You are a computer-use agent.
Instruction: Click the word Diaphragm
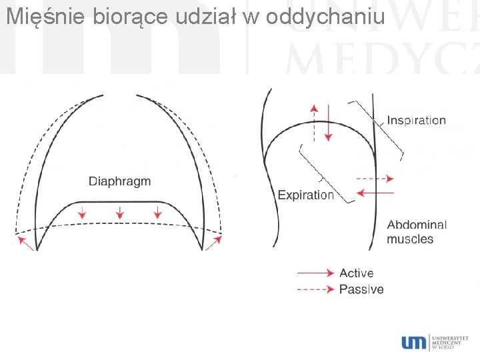click(x=120, y=181)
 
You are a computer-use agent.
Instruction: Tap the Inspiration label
click(x=416, y=121)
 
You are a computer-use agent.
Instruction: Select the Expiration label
click(x=305, y=195)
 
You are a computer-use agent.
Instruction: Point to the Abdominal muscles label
click(x=416, y=232)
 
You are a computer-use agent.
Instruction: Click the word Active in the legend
click(x=356, y=273)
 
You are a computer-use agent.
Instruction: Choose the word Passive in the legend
click(x=361, y=289)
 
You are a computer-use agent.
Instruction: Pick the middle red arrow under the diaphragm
click(x=120, y=213)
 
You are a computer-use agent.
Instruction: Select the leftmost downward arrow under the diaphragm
click(x=82, y=213)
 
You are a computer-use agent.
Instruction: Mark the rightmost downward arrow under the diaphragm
click(x=158, y=213)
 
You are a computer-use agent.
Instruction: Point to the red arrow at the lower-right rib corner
click(x=215, y=242)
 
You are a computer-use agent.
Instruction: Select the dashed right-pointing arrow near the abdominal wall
click(x=375, y=179)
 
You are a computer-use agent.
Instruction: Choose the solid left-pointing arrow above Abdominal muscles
click(x=375, y=193)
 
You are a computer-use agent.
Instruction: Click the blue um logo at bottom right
click(x=413, y=342)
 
